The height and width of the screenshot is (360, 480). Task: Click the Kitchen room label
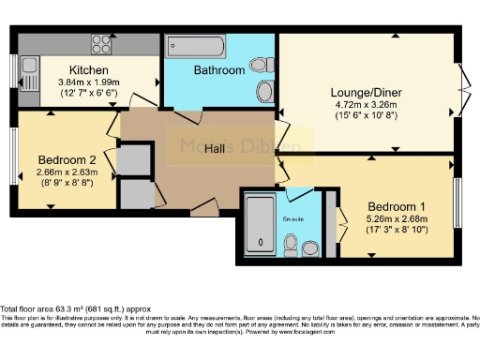89,70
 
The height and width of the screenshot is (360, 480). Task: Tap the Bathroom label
219,70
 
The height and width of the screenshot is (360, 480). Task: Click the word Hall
215,148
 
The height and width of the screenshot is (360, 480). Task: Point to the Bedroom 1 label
396,207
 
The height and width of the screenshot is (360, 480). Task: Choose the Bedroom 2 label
67,159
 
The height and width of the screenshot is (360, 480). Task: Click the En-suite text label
294,217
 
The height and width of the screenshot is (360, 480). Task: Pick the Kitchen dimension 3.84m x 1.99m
89,82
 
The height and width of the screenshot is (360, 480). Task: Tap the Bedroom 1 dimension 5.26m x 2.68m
396,220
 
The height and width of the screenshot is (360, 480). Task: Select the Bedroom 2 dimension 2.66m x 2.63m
67,172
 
